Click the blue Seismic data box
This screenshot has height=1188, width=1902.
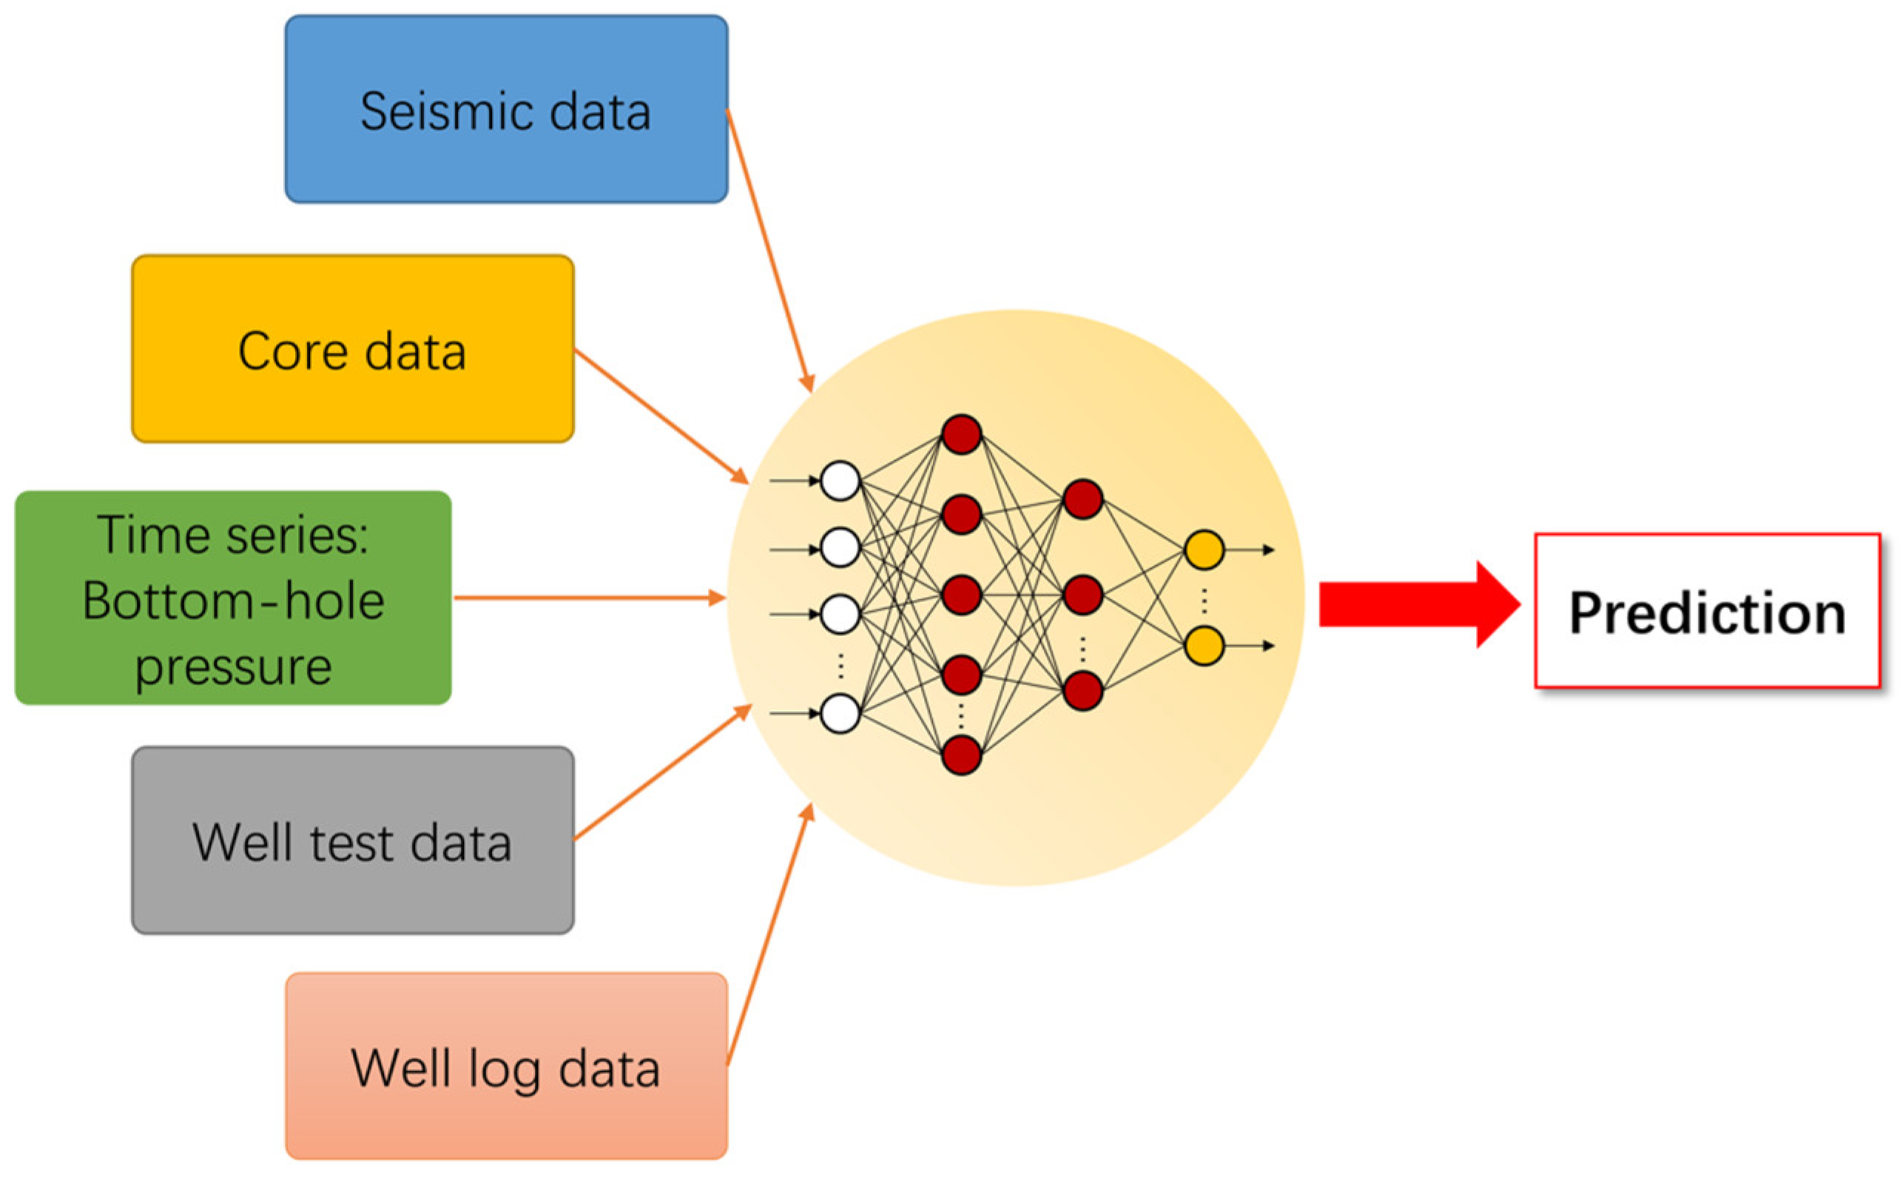(x=505, y=109)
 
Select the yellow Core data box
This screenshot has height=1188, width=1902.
(x=352, y=348)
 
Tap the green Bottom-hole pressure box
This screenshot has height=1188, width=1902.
(x=232, y=598)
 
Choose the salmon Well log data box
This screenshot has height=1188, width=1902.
(x=505, y=1066)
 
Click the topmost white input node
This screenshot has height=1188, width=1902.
(x=839, y=480)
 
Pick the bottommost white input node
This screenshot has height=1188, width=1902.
(x=839, y=712)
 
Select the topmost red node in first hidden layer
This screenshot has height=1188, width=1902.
(x=961, y=434)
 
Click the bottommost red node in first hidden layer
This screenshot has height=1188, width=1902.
(x=961, y=755)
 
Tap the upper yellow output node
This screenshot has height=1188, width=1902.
(x=1203, y=549)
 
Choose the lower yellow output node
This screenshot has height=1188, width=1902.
(x=1203, y=645)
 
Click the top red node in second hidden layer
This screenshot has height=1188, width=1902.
(x=1082, y=499)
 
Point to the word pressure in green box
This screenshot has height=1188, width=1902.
(x=232, y=668)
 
